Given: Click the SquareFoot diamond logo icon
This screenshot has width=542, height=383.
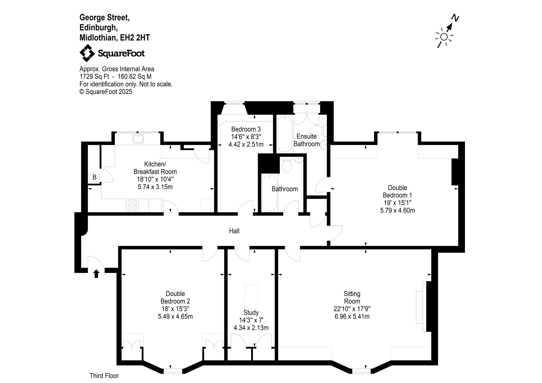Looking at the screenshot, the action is [x=87, y=53].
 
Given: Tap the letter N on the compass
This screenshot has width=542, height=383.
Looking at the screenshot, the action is [x=455, y=18].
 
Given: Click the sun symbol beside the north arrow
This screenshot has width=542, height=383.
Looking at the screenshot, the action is [x=444, y=37].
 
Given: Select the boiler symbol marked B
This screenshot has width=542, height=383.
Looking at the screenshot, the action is [x=94, y=177].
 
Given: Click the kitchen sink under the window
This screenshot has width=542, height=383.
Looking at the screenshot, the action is [x=138, y=139].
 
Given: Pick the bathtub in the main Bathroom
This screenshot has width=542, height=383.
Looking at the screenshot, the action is [x=269, y=192].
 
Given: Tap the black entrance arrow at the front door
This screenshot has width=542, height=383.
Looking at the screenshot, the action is [x=96, y=274].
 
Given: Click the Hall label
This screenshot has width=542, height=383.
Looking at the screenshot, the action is [x=234, y=231].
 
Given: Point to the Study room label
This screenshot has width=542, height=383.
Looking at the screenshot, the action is [x=251, y=313].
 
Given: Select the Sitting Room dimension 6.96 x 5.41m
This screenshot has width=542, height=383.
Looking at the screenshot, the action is [x=352, y=316].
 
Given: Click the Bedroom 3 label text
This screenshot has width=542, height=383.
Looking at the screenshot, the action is [x=246, y=129].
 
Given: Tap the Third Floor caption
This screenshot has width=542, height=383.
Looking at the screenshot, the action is [x=104, y=376].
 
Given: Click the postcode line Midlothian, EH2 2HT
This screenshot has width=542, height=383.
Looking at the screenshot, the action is [x=115, y=38].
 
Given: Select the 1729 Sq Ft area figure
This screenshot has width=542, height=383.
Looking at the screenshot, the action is [x=94, y=77].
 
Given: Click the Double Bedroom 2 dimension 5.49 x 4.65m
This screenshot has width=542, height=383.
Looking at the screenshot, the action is [x=175, y=316].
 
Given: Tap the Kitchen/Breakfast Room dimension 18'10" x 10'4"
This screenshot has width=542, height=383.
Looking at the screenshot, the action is [x=155, y=179].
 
